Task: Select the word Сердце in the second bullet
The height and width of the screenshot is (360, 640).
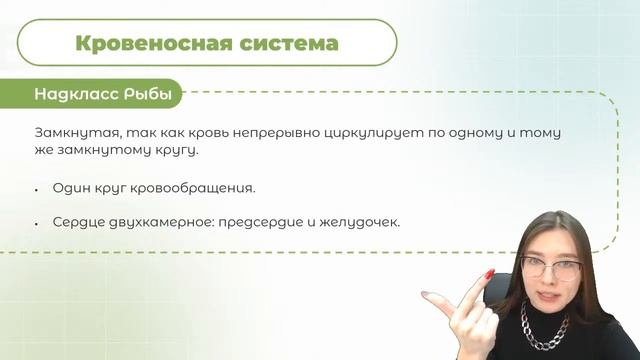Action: pyautogui.click(x=77, y=221)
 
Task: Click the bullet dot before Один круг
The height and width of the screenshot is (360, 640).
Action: pyautogui.click(x=37, y=189)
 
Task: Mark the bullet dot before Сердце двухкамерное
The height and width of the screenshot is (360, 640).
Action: pyautogui.click(x=37, y=222)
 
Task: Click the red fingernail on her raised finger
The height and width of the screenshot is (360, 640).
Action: pyautogui.click(x=489, y=273)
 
